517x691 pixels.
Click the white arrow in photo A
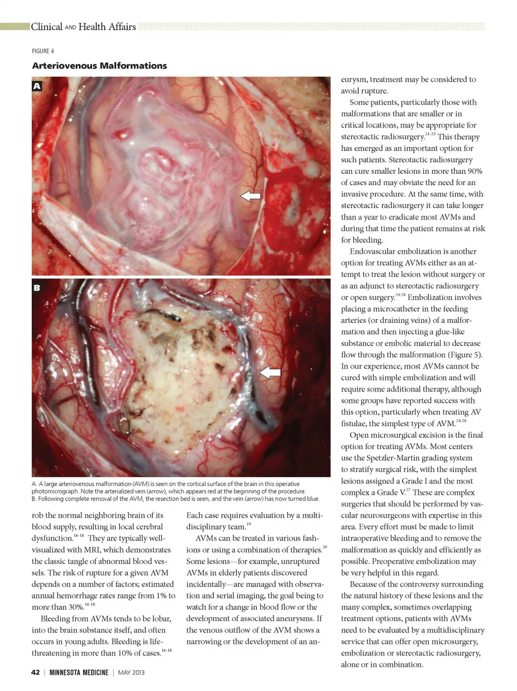(x=250, y=196)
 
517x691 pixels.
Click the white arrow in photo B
(x=270, y=372)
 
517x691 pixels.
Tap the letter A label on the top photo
(x=37, y=86)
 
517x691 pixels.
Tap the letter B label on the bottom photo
(x=37, y=288)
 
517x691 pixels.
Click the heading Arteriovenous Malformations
(x=100, y=66)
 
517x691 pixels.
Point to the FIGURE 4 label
(x=43, y=51)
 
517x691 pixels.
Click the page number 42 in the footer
(x=36, y=672)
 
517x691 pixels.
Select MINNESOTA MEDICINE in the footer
(x=79, y=672)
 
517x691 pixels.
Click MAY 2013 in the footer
(x=131, y=672)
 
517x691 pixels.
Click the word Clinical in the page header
(x=46, y=26)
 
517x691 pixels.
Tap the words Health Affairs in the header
(x=107, y=26)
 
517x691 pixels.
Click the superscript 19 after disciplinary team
(x=248, y=524)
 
